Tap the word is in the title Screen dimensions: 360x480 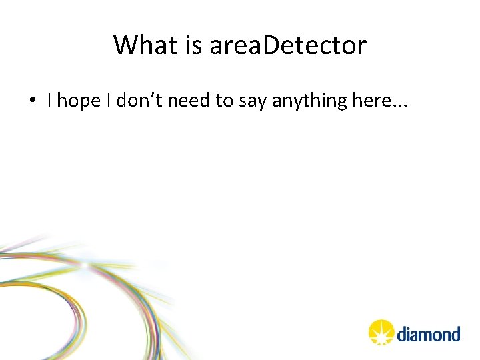[x=194, y=45]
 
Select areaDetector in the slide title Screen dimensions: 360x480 [x=288, y=45]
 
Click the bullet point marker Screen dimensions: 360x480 [x=32, y=101]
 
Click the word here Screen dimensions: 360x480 [x=371, y=101]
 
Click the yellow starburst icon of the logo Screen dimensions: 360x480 [x=381, y=331]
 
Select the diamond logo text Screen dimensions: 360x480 [x=429, y=333]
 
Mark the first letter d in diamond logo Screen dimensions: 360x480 [x=403, y=333]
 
